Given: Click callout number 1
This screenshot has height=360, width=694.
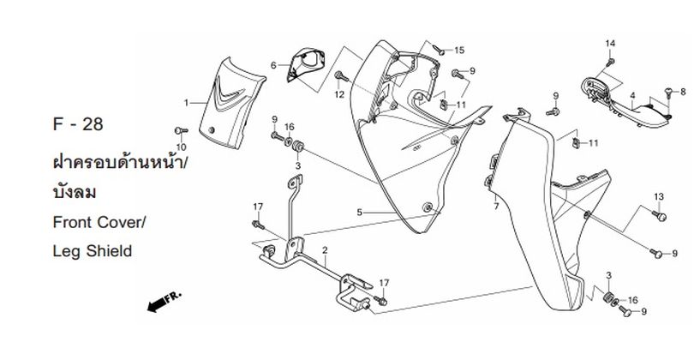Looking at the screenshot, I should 186,102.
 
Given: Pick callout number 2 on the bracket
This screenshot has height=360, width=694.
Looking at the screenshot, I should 326,252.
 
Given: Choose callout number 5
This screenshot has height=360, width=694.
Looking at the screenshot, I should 361,212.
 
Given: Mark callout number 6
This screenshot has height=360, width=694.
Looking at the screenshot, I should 274,65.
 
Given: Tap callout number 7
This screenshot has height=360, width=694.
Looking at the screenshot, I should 496,207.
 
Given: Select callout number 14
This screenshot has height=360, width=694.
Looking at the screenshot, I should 611,44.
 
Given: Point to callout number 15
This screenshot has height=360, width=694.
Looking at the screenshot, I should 458,50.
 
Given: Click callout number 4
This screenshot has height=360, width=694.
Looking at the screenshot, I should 631,97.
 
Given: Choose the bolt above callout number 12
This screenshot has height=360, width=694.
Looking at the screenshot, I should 340,76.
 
